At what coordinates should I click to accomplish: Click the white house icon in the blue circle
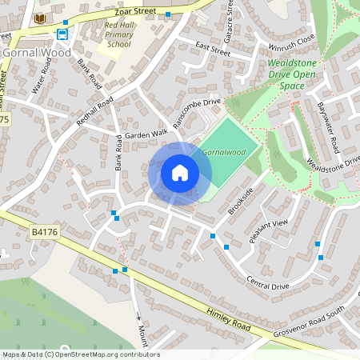click(179, 173)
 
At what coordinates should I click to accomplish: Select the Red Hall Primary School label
click(118, 36)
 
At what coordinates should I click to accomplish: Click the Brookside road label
click(239, 201)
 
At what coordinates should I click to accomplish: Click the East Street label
click(212, 50)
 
